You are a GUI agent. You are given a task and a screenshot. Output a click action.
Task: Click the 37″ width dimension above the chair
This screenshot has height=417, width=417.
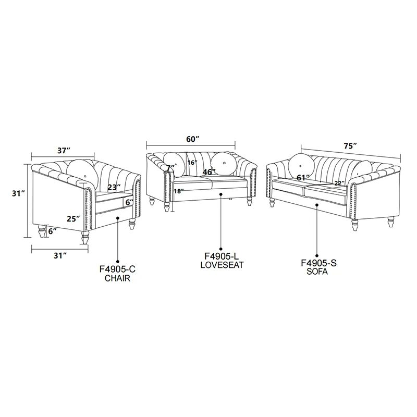pyautogui.click(x=64, y=151)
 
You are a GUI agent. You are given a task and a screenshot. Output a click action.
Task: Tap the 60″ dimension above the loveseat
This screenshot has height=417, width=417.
pyautogui.click(x=192, y=139)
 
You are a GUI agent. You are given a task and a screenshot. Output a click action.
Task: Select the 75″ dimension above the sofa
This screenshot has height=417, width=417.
pyautogui.click(x=350, y=146)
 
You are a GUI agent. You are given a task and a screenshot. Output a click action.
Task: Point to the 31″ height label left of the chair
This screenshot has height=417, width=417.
pyautogui.click(x=18, y=193)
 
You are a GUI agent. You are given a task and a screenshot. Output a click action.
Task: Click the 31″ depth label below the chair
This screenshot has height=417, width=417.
pyautogui.click(x=60, y=255)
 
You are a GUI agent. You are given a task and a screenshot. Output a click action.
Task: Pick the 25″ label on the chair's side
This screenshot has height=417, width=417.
pyautogui.click(x=73, y=219)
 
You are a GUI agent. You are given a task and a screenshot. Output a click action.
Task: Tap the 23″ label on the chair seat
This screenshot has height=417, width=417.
pyautogui.click(x=114, y=188)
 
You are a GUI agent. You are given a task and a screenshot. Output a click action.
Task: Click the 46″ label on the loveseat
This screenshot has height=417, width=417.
pyautogui.click(x=209, y=172)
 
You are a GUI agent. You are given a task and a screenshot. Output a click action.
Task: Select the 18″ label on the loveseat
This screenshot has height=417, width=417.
pyautogui.click(x=179, y=191)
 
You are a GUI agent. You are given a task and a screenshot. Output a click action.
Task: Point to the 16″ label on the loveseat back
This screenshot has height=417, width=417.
pyautogui.click(x=192, y=163)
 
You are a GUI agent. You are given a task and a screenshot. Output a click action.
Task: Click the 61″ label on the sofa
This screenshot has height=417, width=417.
pyautogui.click(x=303, y=177)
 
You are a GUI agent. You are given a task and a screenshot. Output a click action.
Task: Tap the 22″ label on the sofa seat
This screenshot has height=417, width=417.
pyautogui.click(x=339, y=183)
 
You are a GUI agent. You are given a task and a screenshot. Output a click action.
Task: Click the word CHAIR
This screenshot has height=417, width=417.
pyautogui.click(x=117, y=278)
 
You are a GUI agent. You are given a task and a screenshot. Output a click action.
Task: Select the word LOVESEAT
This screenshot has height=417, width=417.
pyautogui.click(x=222, y=265)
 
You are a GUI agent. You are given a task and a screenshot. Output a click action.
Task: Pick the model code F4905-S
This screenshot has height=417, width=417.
pyautogui.click(x=318, y=263)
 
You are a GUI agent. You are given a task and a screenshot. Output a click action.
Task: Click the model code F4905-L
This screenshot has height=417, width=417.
pyautogui.click(x=222, y=256)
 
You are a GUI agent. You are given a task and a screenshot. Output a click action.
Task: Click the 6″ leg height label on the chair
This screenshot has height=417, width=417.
pyautogui.click(x=53, y=231)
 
